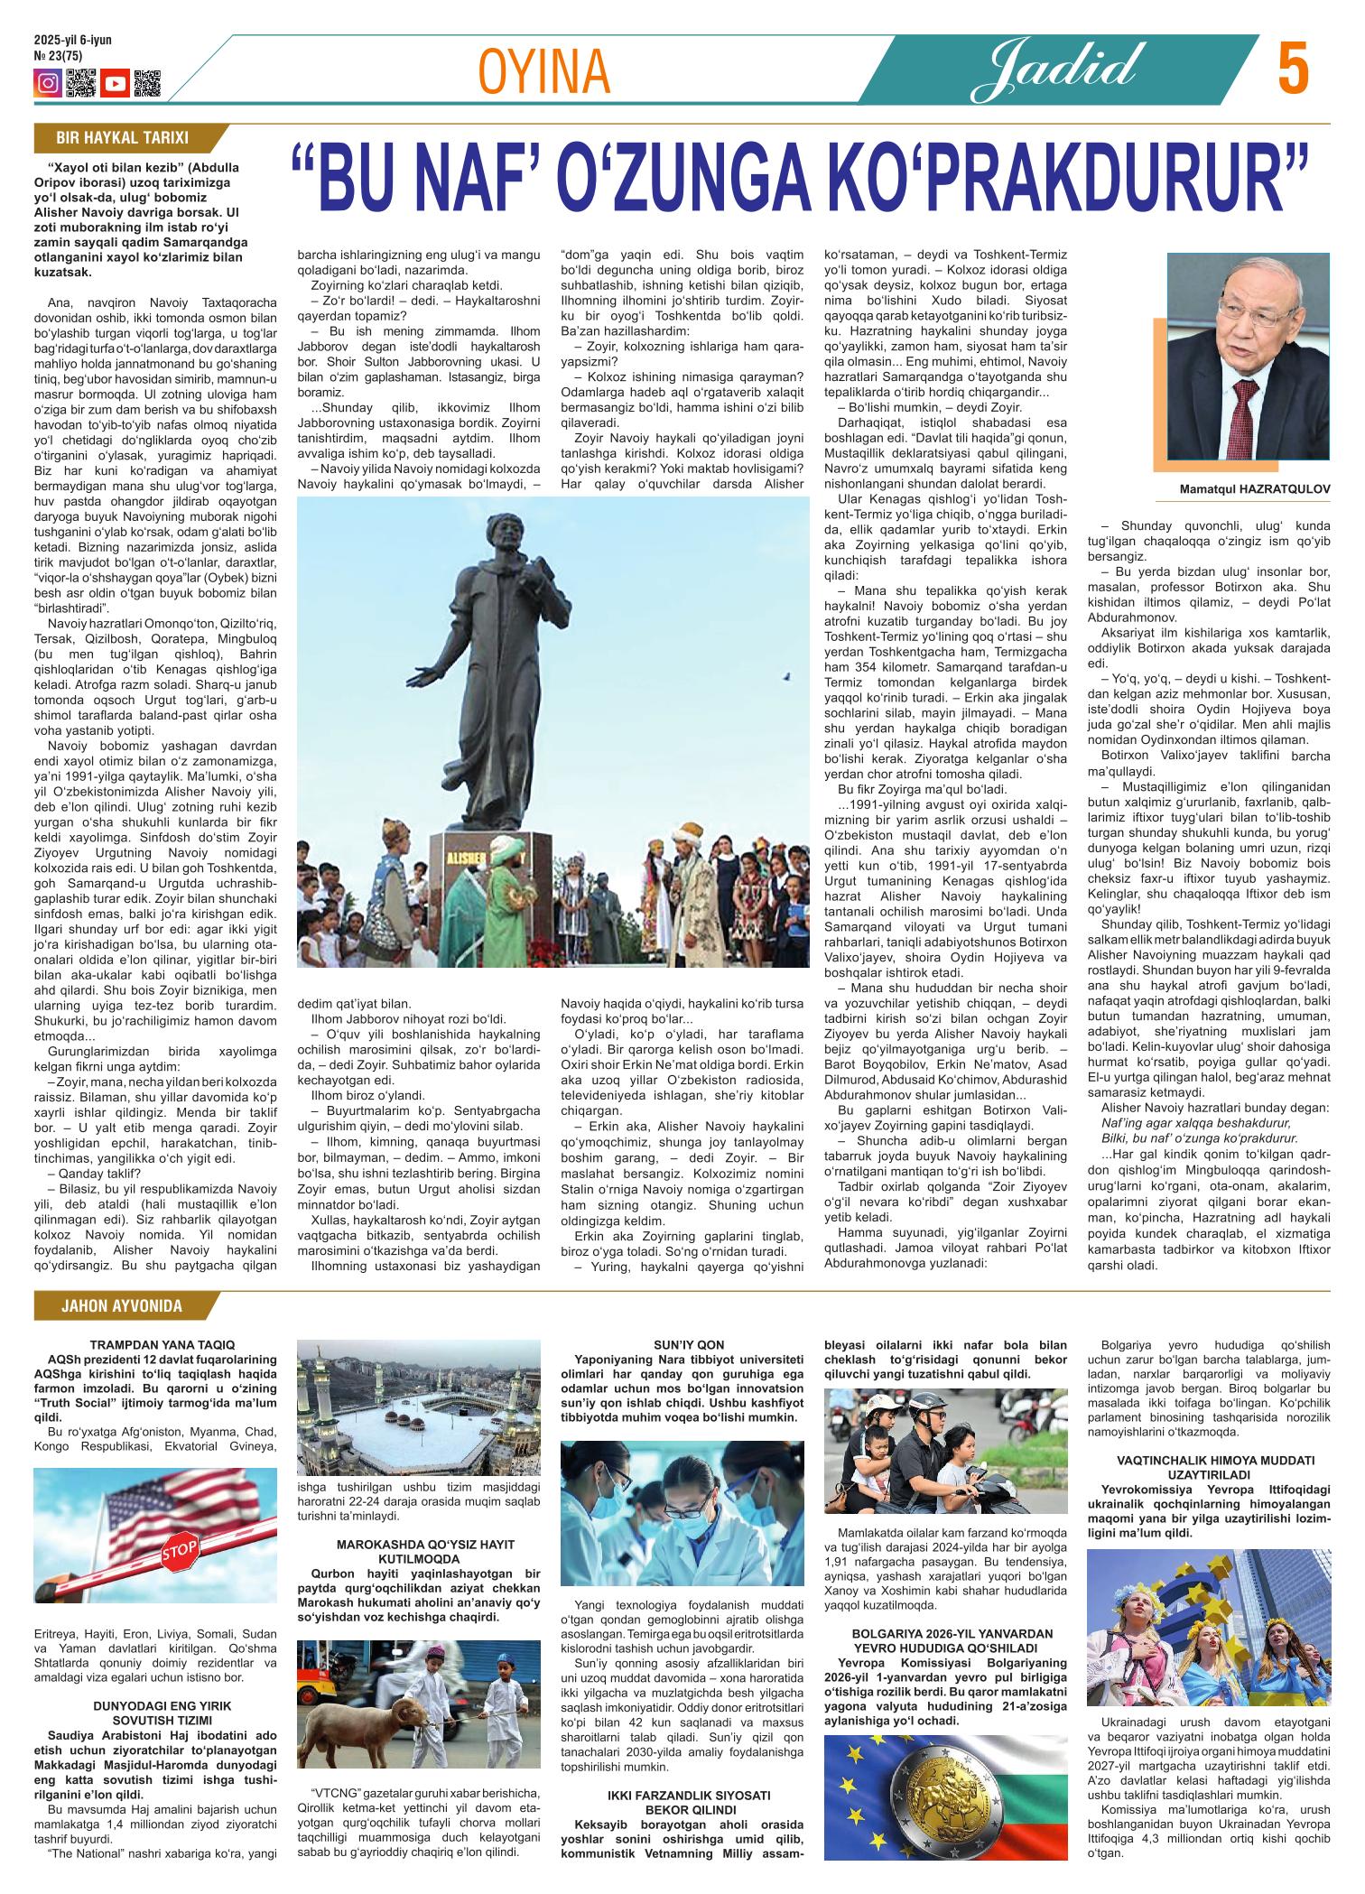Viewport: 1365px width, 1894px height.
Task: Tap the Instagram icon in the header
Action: pos(47,84)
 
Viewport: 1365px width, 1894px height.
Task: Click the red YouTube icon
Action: pos(115,84)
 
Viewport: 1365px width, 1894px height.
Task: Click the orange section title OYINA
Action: pos(543,74)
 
